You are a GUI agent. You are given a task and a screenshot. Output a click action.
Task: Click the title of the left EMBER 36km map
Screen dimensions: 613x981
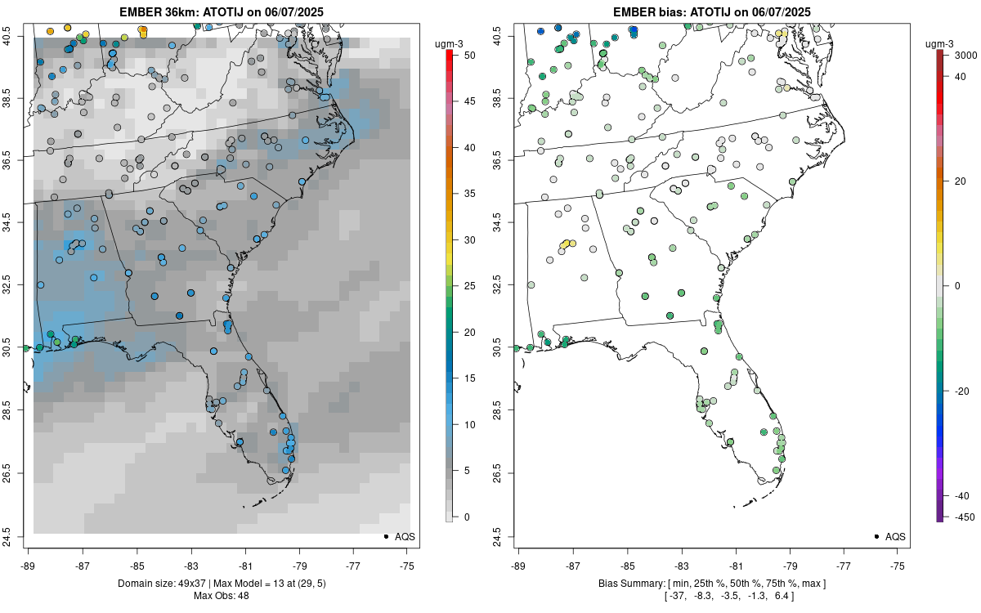[223, 11]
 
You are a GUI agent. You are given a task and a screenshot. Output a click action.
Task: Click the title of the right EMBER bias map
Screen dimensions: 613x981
[712, 11]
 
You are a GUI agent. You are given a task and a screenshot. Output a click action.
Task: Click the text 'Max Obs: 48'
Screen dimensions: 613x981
[222, 596]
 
